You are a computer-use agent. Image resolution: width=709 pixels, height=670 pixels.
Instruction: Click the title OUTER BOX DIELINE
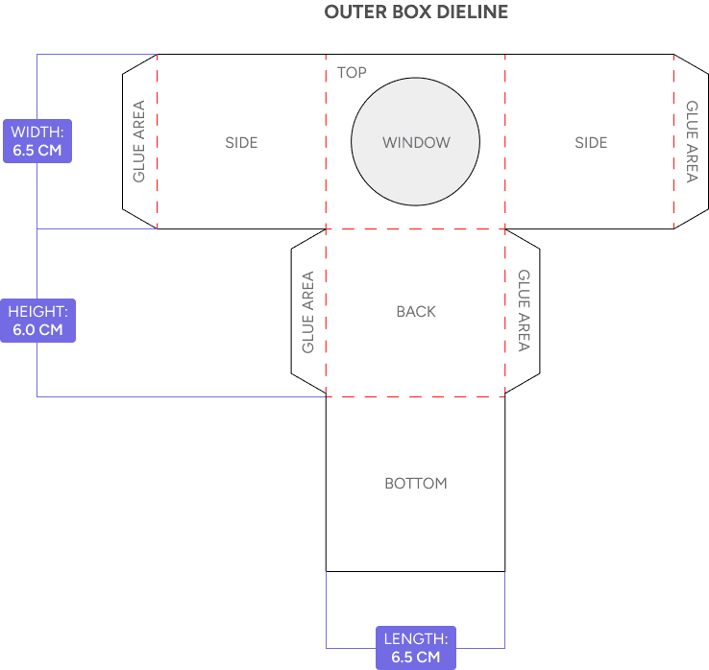[416, 12]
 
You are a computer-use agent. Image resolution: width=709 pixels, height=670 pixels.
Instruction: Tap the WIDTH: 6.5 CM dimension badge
[37, 141]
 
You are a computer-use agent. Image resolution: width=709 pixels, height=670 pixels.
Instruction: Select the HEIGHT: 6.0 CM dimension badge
[37, 321]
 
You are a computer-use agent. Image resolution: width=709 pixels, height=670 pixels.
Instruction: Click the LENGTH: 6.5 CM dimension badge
[415, 648]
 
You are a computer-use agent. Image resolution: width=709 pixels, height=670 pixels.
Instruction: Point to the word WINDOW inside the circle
[416, 143]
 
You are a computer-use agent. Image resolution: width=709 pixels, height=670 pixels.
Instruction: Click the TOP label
[352, 72]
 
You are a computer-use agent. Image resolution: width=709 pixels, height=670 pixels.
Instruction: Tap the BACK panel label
[416, 312]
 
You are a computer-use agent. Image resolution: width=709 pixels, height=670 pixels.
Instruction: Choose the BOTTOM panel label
[416, 484]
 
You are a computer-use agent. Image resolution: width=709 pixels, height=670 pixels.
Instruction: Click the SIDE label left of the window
[241, 143]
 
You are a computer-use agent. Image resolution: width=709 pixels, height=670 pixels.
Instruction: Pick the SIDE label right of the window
[591, 143]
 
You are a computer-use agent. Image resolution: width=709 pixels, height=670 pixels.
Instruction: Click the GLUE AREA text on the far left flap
[139, 142]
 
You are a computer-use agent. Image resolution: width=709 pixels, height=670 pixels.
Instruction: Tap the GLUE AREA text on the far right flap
[692, 142]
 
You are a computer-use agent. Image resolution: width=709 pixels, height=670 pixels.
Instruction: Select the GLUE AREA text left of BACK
[308, 312]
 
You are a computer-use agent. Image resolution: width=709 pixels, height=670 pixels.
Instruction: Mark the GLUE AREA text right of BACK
[524, 310]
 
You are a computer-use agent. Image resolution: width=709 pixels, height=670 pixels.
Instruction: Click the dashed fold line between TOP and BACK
[416, 229]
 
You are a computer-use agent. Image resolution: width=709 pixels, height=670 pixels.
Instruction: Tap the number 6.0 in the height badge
[25, 330]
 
